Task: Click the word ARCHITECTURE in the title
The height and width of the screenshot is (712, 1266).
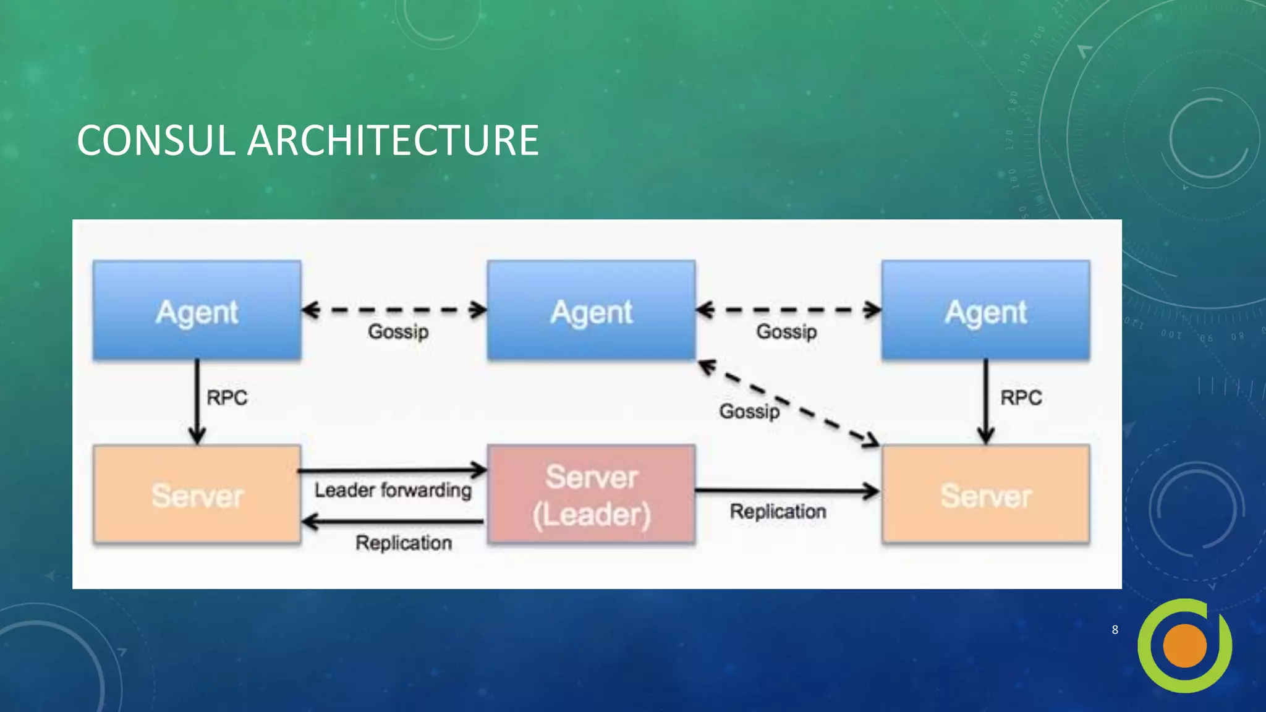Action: point(393,140)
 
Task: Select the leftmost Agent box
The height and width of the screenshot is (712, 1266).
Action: point(197,311)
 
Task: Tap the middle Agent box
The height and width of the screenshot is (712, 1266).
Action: point(591,311)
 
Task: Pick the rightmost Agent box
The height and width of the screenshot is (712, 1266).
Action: point(985,311)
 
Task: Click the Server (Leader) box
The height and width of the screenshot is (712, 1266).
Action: point(591,495)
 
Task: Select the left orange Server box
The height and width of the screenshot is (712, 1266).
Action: point(197,495)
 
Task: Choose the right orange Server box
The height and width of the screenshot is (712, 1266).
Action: point(985,495)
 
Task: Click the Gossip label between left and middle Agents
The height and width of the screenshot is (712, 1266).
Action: point(398,331)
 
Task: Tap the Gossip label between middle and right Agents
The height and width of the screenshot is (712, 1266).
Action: point(786,331)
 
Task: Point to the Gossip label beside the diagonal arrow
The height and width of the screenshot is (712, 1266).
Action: point(749,411)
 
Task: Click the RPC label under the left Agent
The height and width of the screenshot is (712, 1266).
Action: point(227,397)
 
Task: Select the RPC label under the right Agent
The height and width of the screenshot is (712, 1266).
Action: point(1021,397)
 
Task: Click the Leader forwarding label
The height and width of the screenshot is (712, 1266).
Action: point(393,490)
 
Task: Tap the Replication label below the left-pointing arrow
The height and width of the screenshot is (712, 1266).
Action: point(403,543)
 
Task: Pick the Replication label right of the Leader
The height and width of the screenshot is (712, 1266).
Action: point(778,511)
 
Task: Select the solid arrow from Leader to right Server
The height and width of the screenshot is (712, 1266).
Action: point(785,491)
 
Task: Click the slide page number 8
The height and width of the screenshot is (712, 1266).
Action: point(1115,630)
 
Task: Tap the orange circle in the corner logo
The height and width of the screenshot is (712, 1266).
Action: point(1184,646)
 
